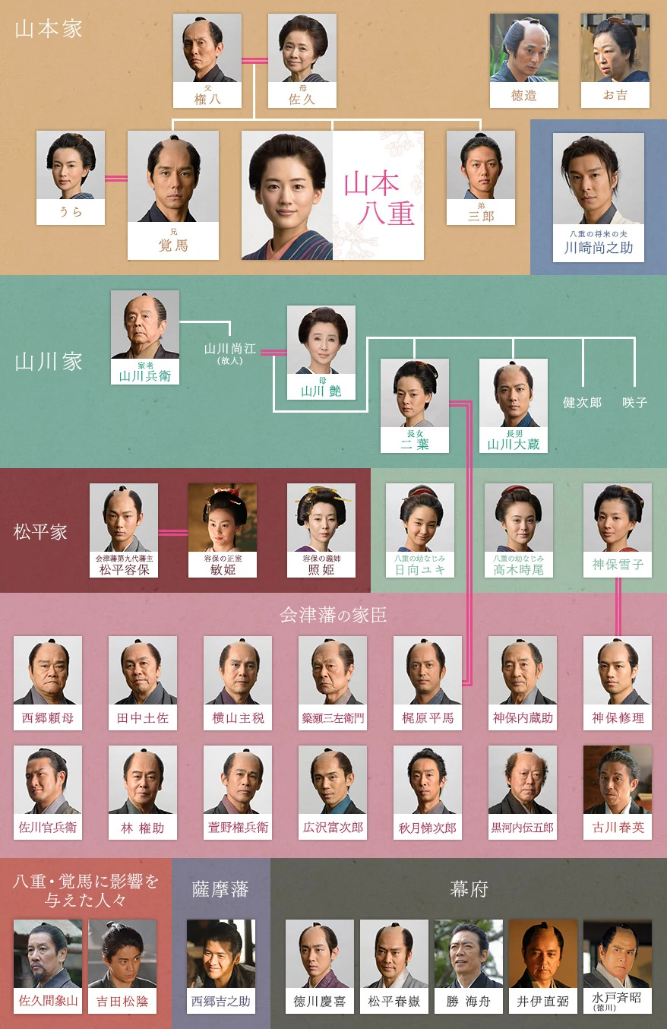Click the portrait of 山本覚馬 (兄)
(x=172, y=178)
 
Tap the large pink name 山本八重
(x=378, y=197)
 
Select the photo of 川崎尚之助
(x=598, y=179)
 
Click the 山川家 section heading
(x=49, y=361)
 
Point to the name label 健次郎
(x=583, y=402)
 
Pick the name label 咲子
(x=634, y=402)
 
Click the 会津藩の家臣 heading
(x=333, y=615)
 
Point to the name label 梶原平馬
(x=428, y=717)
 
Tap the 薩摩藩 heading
(x=220, y=889)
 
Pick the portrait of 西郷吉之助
(x=221, y=955)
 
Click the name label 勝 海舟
(x=469, y=1002)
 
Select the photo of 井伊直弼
(x=543, y=955)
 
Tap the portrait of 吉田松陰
(x=122, y=955)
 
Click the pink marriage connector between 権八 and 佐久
(x=254, y=61)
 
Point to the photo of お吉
(x=615, y=48)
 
